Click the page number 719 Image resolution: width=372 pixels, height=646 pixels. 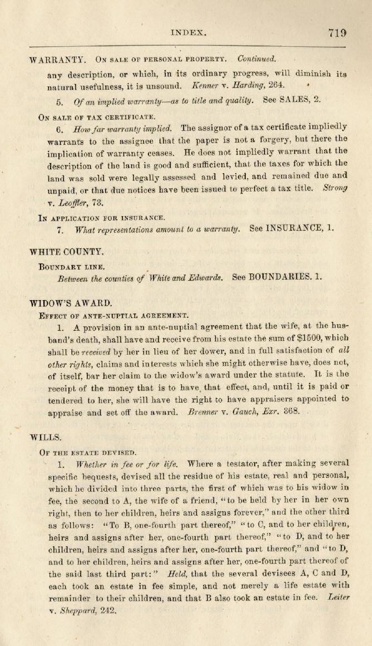point(338,33)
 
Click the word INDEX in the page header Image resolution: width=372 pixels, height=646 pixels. point(189,33)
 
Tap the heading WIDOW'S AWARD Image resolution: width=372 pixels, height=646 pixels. point(70,304)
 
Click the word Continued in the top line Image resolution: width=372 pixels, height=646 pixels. point(256,58)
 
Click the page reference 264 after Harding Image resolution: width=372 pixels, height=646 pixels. point(276,85)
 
